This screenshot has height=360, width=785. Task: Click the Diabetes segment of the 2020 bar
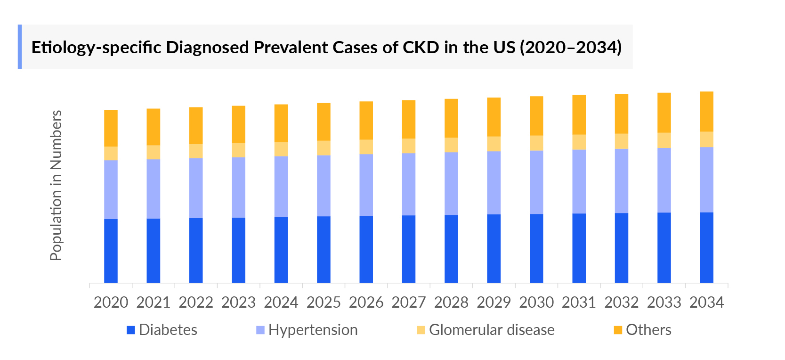[111, 251]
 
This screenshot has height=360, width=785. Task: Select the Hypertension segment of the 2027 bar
[409, 184]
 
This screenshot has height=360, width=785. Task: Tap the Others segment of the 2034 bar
[706, 112]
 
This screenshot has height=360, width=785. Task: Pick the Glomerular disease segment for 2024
[281, 149]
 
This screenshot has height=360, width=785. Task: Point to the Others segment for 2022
[196, 126]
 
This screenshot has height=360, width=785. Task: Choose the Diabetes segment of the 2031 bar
[579, 248]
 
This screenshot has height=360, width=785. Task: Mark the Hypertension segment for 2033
[664, 180]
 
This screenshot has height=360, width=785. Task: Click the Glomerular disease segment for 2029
[494, 144]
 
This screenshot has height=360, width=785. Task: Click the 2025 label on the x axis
[324, 303]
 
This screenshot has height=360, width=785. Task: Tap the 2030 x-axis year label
[536, 303]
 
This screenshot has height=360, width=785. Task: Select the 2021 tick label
[153, 303]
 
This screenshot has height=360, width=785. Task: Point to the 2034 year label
[706, 303]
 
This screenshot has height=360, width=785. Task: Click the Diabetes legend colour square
[131, 330]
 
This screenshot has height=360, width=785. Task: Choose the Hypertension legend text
[313, 330]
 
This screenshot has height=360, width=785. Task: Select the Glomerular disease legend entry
[491, 330]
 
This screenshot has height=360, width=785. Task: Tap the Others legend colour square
[618, 330]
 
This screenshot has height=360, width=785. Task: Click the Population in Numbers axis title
[56, 185]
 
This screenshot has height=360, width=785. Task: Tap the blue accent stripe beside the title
[20, 47]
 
